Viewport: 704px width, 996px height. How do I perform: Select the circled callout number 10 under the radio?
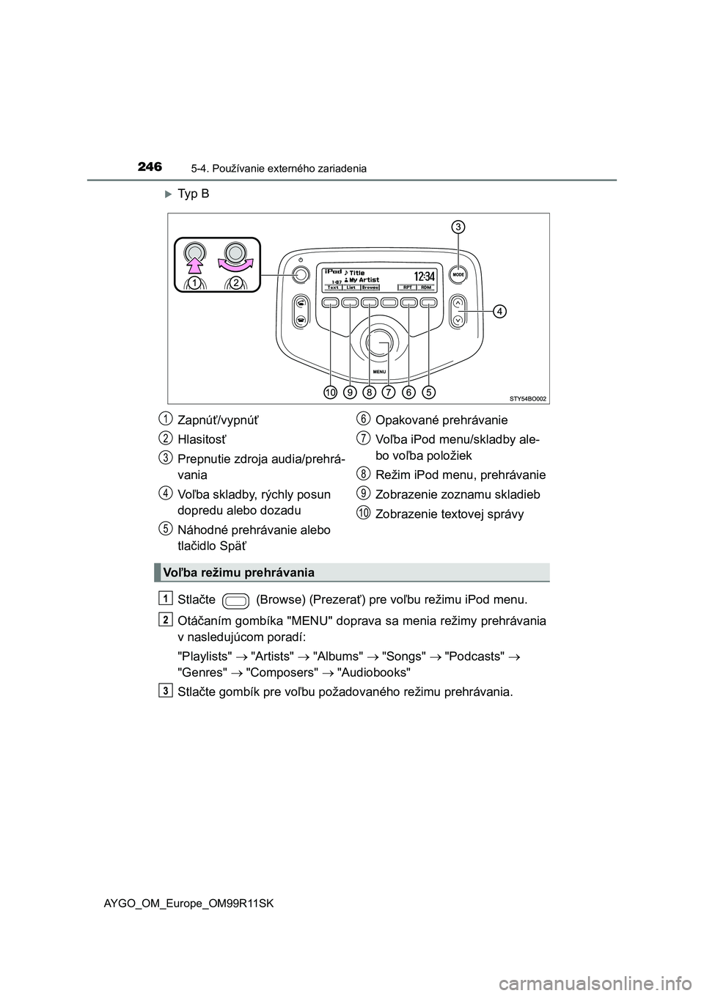331,393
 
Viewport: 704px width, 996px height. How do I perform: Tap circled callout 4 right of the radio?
499,312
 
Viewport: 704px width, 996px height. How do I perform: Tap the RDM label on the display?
425,288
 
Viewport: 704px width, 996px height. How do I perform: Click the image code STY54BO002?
528,398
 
